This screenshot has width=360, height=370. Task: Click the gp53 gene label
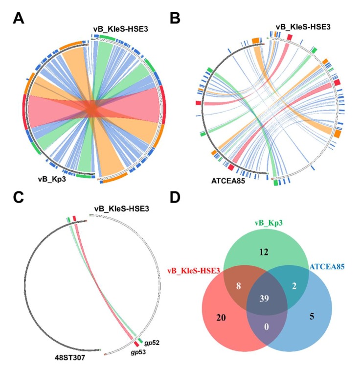click(x=130, y=351)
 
